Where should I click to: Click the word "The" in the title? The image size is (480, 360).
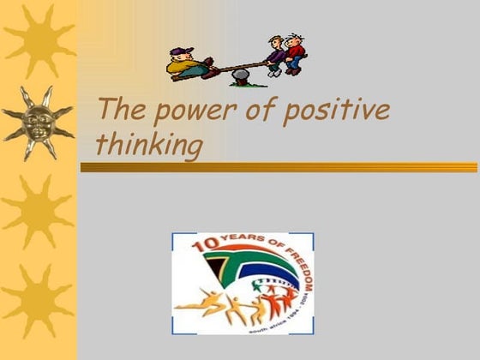118,111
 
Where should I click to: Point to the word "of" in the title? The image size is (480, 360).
249,111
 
